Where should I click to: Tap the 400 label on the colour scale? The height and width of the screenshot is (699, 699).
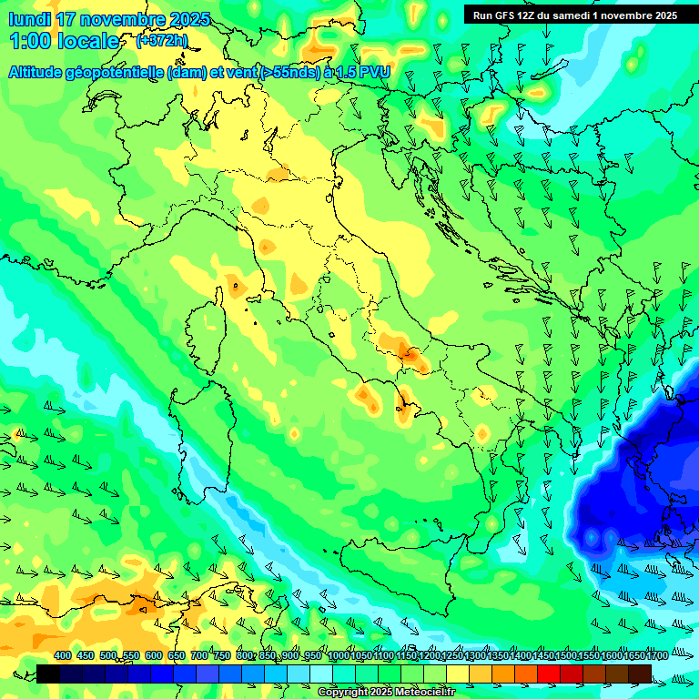tap(63, 655)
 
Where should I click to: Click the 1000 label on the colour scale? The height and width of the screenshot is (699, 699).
tap(338, 655)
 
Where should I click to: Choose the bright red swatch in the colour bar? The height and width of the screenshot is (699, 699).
tap(549, 674)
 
